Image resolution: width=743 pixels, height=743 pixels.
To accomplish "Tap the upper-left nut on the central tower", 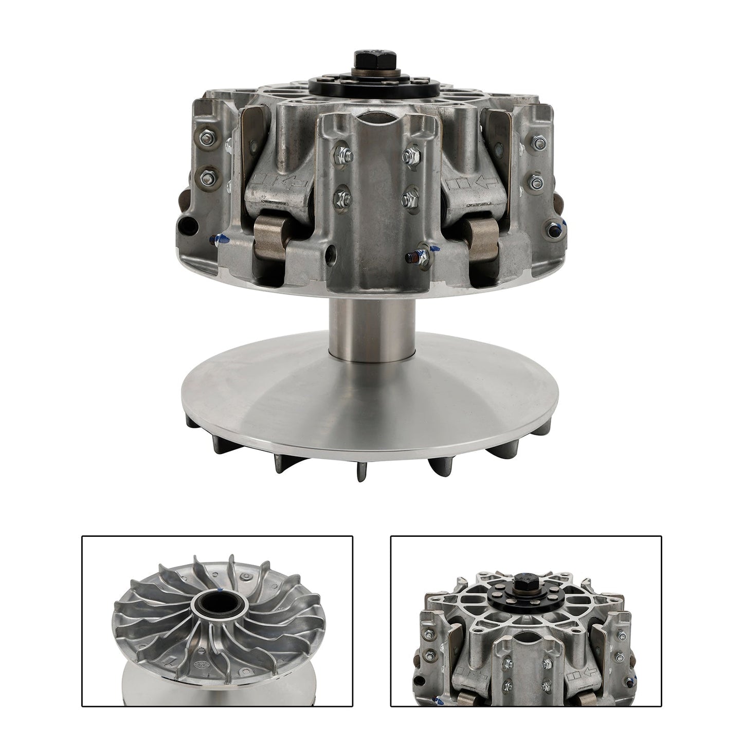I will coord(342,153).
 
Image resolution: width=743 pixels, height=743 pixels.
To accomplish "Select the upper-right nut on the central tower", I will coord(410,153).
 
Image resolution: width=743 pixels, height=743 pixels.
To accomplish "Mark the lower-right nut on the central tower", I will coord(409,196).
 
